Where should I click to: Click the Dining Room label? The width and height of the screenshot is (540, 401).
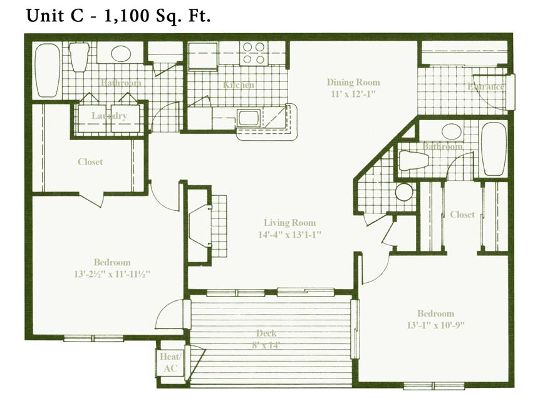coord(353,82)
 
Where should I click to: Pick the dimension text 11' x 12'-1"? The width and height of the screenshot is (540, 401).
coord(353,94)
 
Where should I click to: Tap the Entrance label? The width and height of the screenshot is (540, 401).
coord(485,86)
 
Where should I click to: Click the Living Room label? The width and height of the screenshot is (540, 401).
coord(289,223)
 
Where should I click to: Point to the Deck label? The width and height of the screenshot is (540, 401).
coord(266,333)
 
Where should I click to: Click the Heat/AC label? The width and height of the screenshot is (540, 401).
coord(170,363)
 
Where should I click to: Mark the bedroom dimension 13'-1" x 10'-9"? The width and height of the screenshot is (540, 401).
coord(436,325)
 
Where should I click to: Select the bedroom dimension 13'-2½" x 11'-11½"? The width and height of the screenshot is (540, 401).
coord(112,274)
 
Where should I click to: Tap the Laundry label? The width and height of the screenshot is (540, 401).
coord(110,116)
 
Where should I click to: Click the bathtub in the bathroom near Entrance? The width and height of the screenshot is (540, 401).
coord(494,148)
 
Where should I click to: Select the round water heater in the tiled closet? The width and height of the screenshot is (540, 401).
coord(404,192)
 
